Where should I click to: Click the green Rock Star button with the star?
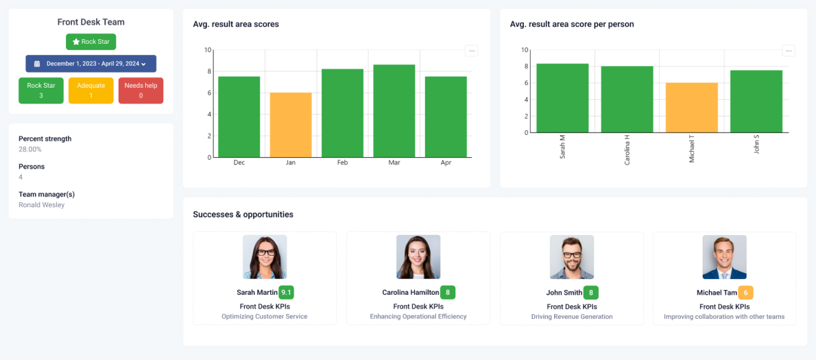[x=91, y=42]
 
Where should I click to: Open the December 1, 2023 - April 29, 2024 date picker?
[x=91, y=64]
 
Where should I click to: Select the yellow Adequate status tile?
[x=91, y=91]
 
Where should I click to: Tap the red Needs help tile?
[x=141, y=91]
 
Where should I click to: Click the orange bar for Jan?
[x=291, y=125]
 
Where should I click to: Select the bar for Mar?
[x=394, y=111]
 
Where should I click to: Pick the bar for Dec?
[x=239, y=117]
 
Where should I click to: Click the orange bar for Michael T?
[x=692, y=108]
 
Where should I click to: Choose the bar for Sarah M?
[x=562, y=98]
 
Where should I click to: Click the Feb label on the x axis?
[x=342, y=163]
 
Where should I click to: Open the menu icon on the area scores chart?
[x=472, y=51]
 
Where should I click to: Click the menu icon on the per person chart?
[x=789, y=51]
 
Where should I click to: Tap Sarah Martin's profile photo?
[x=265, y=257]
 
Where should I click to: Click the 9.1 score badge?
[x=286, y=293]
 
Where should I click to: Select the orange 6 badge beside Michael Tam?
[x=745, y=293]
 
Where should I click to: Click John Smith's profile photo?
[x=571, y=257]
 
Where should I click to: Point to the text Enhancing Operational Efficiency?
[x=418, y=317]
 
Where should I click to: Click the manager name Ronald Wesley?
[x=42, y=205]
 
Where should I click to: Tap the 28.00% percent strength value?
[x=30, y=149]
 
